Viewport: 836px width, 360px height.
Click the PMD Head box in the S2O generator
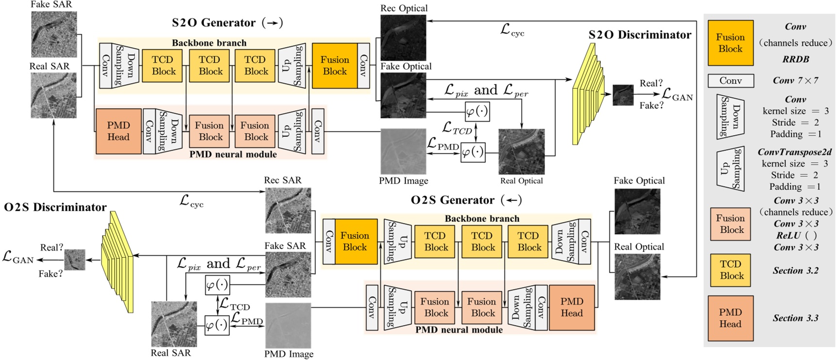click(119, 131)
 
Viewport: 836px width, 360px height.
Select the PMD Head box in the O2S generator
click(572, 308)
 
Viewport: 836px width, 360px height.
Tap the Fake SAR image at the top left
click(54, 34)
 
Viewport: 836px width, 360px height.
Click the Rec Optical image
click(403, 37)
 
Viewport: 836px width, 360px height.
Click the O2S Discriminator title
click(55, 207)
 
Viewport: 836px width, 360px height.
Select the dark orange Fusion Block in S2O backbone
click(334, 66)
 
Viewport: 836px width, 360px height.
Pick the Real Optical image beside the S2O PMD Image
click(521, 151)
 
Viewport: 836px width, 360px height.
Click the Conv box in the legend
click(731, 81)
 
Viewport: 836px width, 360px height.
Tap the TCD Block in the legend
click(731, 270)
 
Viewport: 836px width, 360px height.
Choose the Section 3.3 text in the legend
click(795, 318)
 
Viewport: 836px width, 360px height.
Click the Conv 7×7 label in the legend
click(795, 81)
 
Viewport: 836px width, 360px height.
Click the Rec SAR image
click(288, 210)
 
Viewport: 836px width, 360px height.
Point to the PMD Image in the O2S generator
click(288, 325)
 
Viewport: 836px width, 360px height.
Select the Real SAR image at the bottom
click(174, 324)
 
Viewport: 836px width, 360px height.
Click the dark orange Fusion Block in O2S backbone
click(355, 241)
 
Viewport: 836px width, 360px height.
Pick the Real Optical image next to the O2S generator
click(637, 276)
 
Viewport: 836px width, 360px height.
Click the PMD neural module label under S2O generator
click(233, 154)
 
